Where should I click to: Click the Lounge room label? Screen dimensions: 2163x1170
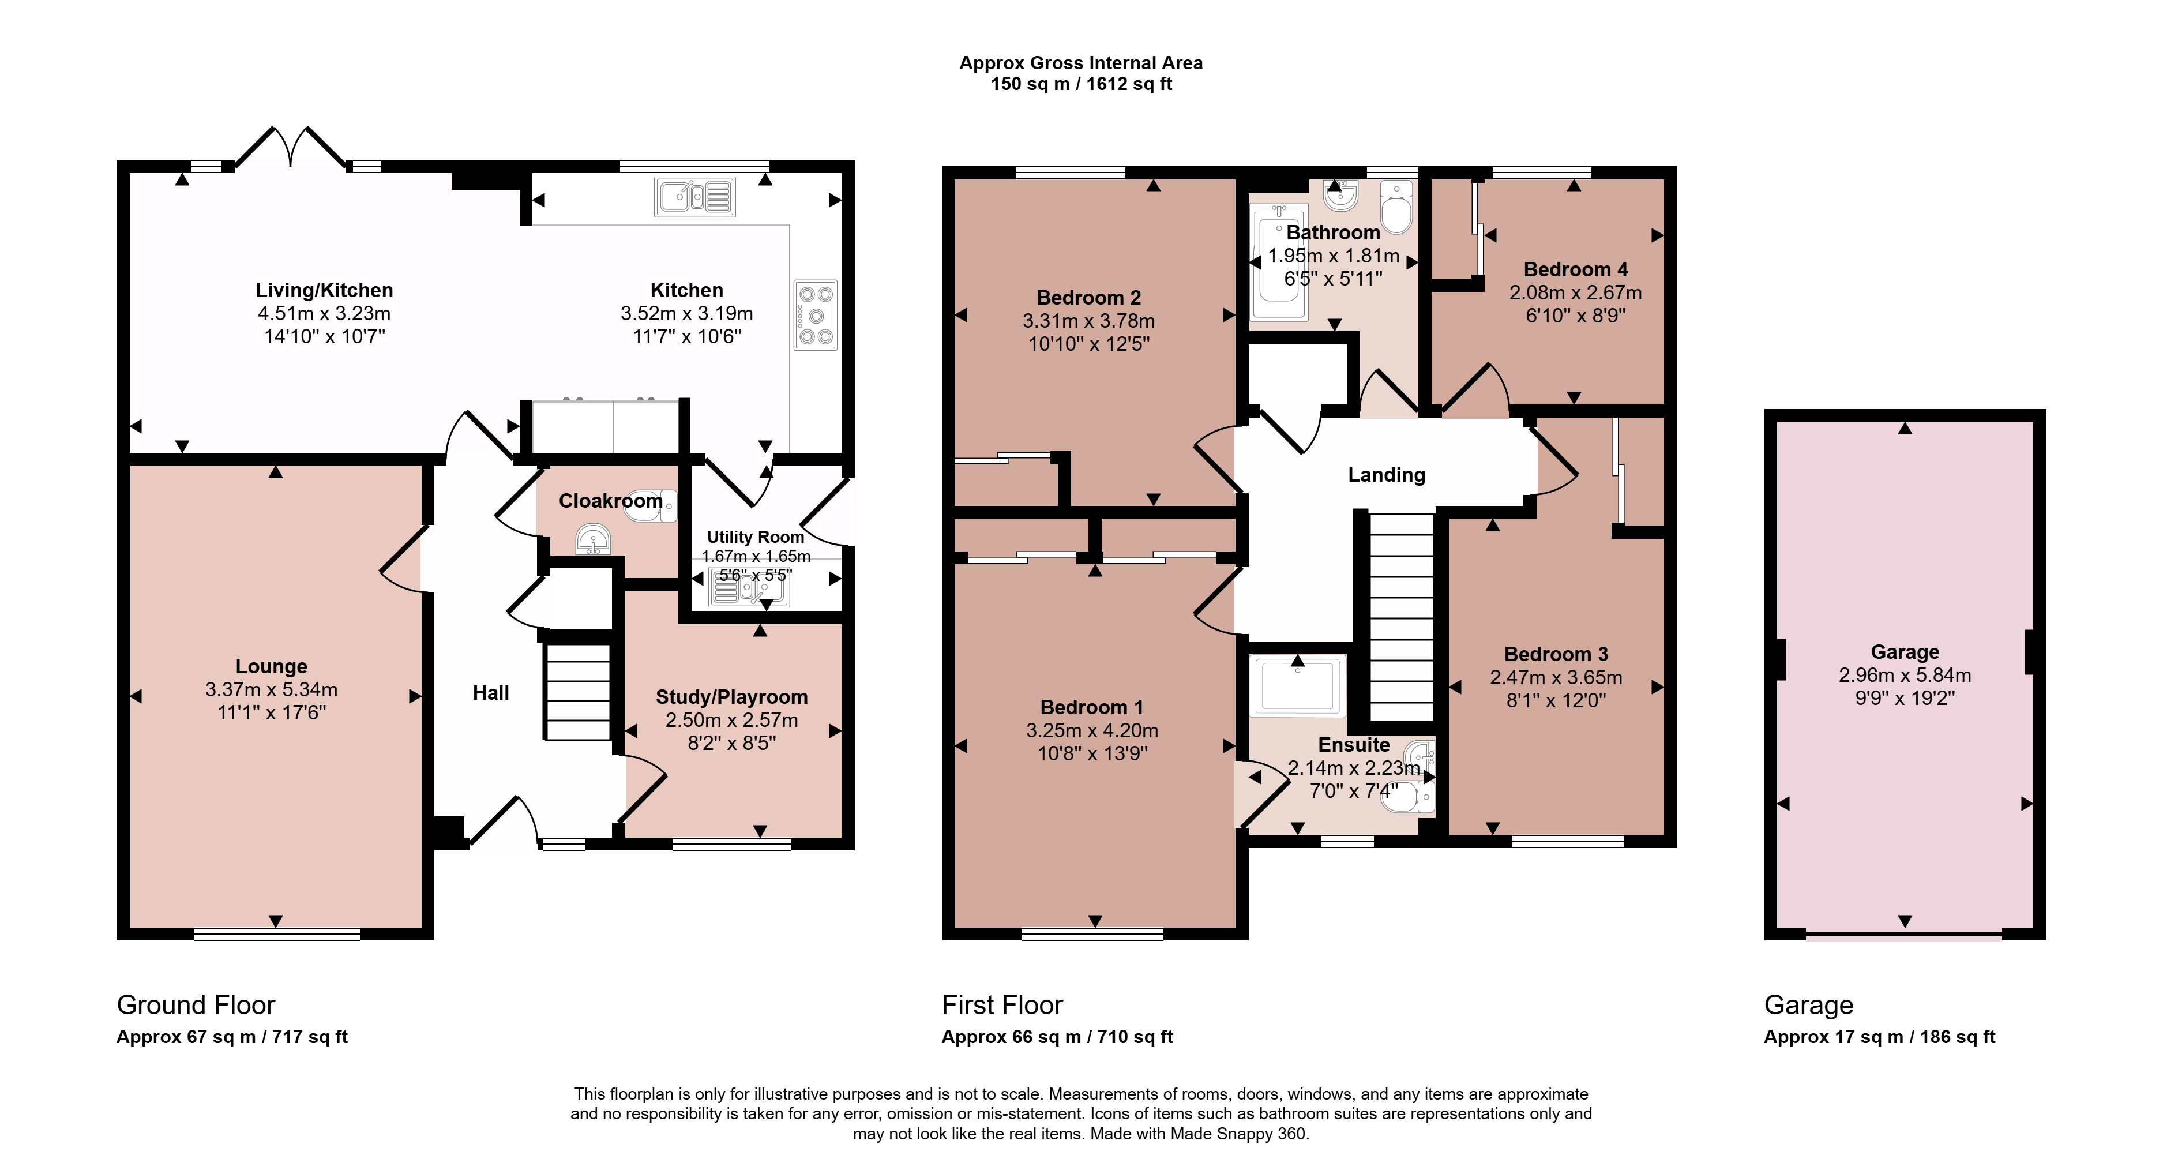pyautogui.click(x=271, y=666)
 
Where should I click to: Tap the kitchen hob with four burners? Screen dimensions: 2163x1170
pyautogui.click(x=816, y=315)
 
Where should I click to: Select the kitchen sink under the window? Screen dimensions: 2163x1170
pyautogui.click(x=694, y=197)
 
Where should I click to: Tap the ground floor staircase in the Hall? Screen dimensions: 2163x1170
pyautogui.click(x=578, y=691)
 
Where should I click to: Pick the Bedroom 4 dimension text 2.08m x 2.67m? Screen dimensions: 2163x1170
pyautogui.click(x=1575, y=292)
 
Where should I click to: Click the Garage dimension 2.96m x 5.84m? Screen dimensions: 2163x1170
pyautogui.click(x=1905, y=674)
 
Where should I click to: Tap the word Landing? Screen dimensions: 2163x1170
pyautogui.click(x=1386, y=475)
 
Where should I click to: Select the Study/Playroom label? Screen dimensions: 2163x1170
pyautogui.click(x=731, y=697)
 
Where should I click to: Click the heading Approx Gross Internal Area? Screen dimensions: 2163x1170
pyautogui.click(x=1081, y=63)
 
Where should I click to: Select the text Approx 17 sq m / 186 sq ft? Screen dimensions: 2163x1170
pyautogui.click(x=1879, y=1037)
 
